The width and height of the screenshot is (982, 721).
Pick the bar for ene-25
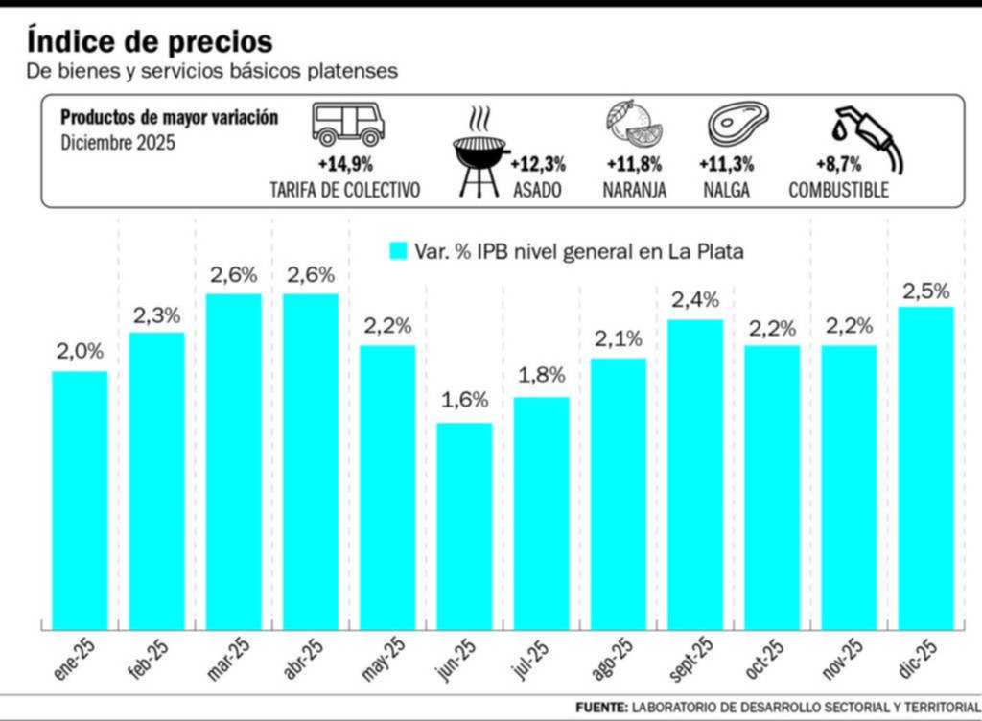tap(80, 500)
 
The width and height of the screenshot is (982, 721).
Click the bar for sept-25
tap(695, 474)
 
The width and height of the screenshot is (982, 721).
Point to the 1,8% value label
tap(542, 375)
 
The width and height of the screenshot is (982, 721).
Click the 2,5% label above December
tap(925, 290)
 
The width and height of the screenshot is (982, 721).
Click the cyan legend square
tap(399, 251)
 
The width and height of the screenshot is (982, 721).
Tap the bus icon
tap(347, 124)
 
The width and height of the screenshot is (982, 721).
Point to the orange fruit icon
tap(634, 123)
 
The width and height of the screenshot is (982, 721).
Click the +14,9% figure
tap(345, 164)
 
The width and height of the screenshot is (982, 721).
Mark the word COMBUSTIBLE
tap(838, 190)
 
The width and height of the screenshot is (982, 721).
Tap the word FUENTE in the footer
tap(601, 707)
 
